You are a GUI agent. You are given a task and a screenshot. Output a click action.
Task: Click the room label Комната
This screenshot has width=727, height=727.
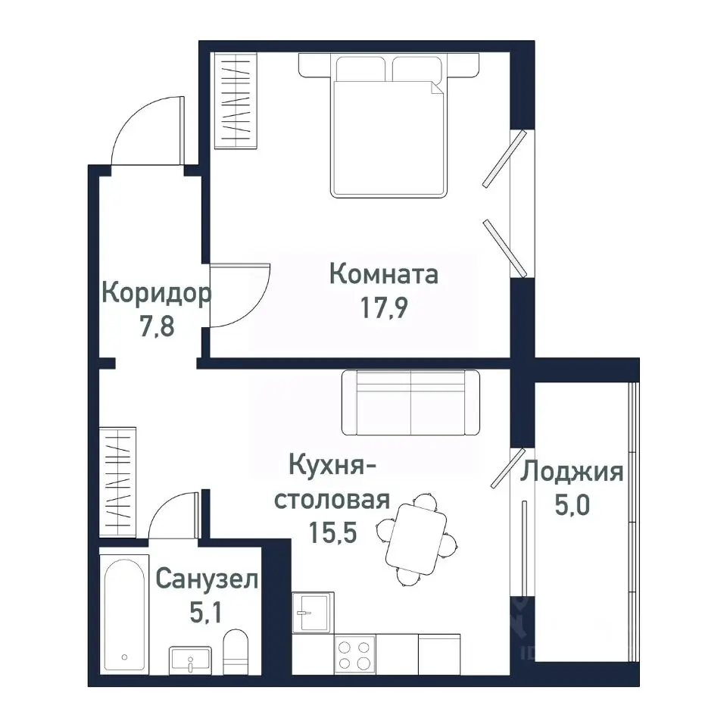point(384,273)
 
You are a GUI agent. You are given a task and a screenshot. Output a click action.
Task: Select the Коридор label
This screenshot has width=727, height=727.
point(156,292)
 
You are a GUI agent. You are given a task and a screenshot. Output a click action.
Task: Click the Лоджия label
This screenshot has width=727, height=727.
point(572,473)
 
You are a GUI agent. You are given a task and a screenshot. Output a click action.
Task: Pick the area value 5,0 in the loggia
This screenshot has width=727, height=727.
point(572,506)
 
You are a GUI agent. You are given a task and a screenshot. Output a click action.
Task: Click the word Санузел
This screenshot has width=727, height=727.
point(207,580)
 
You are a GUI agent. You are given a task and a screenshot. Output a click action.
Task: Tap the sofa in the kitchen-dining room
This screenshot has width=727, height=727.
point(410,403)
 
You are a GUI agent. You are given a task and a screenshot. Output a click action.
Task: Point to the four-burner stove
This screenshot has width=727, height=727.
point(354,655)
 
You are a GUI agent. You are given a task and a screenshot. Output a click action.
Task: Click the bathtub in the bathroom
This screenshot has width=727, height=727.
point(124,614)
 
